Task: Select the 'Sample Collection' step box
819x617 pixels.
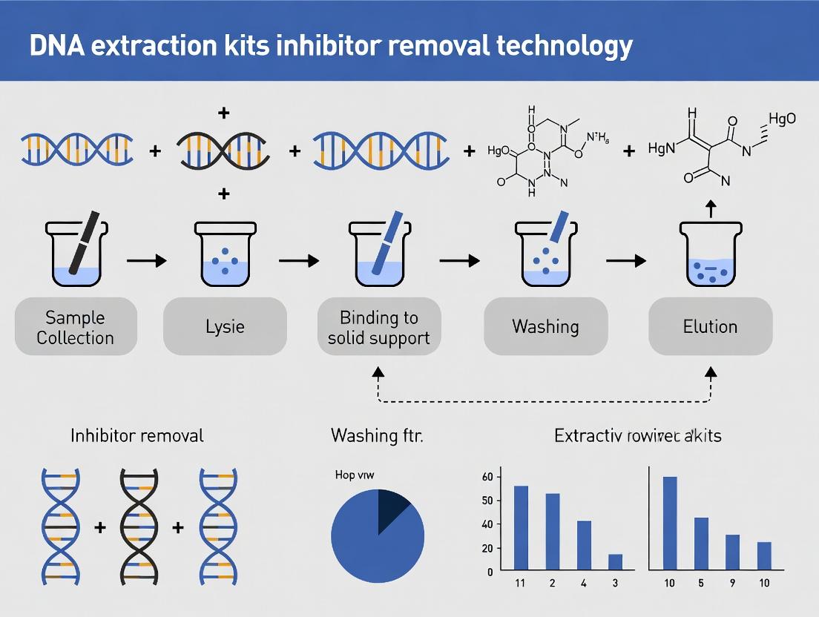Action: pyautogui.click(x=75, y=327)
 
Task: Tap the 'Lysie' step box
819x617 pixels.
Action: pyautogui.click(x=225, y=327)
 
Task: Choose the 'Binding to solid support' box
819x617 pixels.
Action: pyautogui.click(x=378, y=327)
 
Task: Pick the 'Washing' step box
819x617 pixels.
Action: pyautogui.click(x=545, y=327)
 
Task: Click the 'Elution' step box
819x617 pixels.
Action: pyautogui.click(x=710, y=327)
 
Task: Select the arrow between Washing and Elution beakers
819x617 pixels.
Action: pyautogui.click(x=625, y=260)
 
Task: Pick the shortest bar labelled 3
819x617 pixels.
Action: pyautogui.click(x=615, y=562)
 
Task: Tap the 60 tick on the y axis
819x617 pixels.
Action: pyautogui.click(x=487, y=477)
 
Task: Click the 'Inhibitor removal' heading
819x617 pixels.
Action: pyautogui.click(x=136, y=435)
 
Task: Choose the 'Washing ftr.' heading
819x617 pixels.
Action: pyautogui.click(x=377, y=435)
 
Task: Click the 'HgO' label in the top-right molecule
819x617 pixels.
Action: pyautogui.click(x=782, y=119)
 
